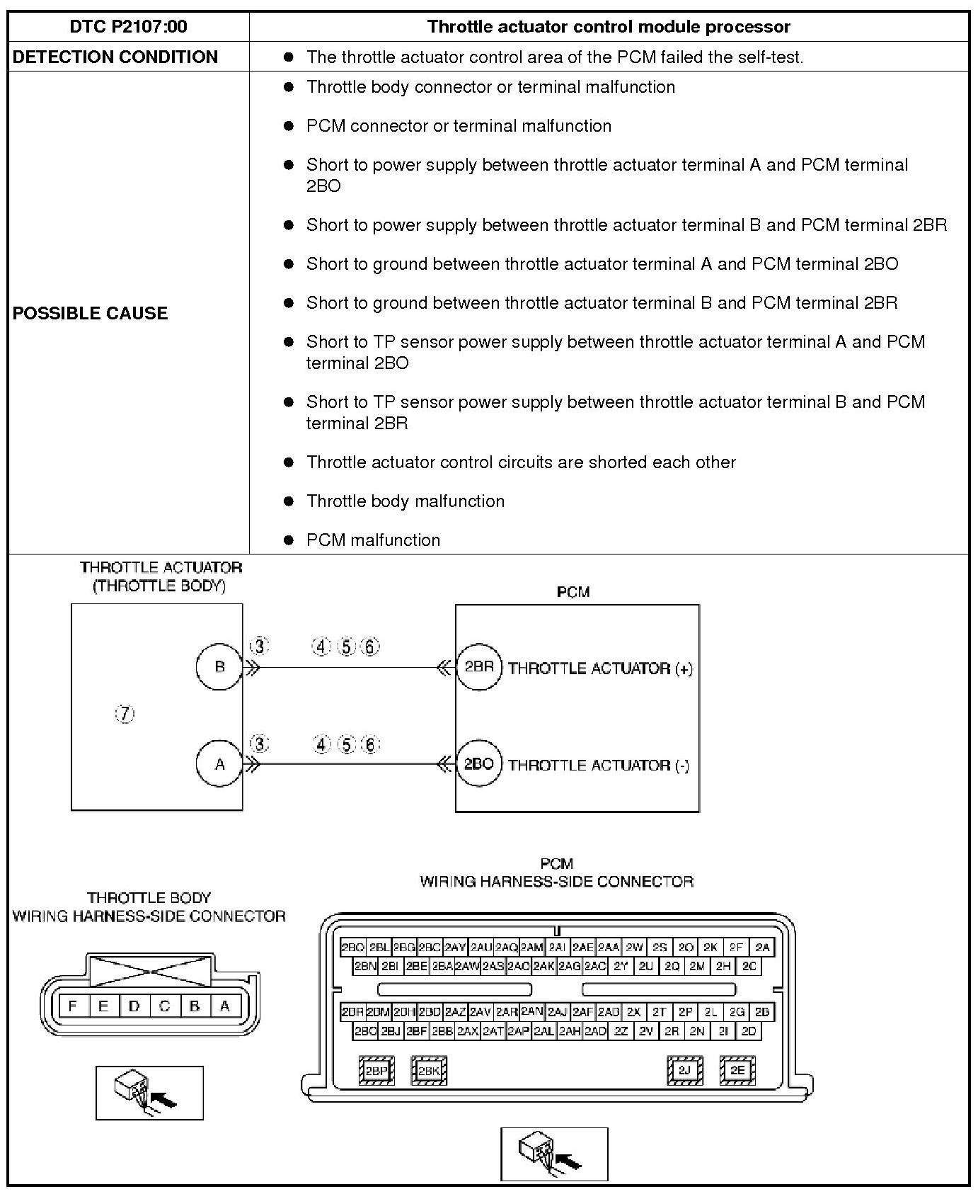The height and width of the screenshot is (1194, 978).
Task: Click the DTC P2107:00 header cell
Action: (x=128, y=27)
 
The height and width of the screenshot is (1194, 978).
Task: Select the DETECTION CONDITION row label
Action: (x=115, y=57)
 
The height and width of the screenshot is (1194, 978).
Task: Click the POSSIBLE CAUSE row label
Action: (x=90, y=313)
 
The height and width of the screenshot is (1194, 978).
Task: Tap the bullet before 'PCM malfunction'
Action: (x=288, y=540)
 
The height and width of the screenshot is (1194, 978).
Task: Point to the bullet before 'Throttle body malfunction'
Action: (x=288, y=501)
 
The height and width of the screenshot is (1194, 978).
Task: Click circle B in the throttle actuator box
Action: (x=219, y=666)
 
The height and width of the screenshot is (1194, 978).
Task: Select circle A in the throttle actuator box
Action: (x=219, y=764)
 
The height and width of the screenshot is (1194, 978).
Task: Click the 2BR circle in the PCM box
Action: (x=479, y=667)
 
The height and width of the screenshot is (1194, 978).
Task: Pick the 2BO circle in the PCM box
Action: (x=479, y=764)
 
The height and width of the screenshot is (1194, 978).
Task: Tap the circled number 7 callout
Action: (x=125, y=714)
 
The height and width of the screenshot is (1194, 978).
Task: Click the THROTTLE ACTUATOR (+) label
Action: (x=600, y=669)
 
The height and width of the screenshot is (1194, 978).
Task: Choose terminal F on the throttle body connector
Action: (x=73, y=1006)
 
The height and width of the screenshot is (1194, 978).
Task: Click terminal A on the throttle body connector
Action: (x=225, y=1006)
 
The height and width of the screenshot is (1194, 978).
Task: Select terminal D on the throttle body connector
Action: (x=134, y=1006)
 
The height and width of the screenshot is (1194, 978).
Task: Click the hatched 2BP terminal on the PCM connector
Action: (x=376, y=1071)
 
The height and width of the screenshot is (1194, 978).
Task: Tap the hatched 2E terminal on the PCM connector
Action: (x=737, y=1070)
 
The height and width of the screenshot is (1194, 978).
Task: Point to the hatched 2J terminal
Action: (x=684, y=1070)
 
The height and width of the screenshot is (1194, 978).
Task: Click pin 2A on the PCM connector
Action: (x=762, y=947)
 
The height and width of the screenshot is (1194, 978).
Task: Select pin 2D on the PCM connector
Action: (x=749, y=1031)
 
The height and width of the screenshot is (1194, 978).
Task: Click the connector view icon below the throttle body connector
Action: (x=149, y=1093)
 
